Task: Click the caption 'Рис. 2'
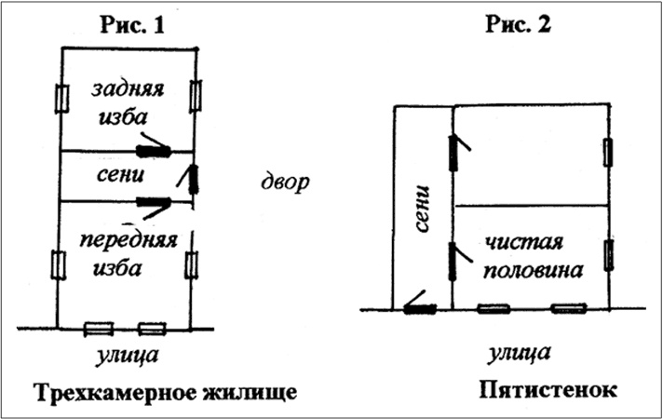coord(519,25)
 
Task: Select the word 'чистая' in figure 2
coord(526,246)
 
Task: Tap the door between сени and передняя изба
coord(152,202)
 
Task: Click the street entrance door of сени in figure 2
coord(420,308)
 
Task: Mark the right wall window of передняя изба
coord(193,264)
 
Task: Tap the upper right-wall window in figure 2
coord(608,151)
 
